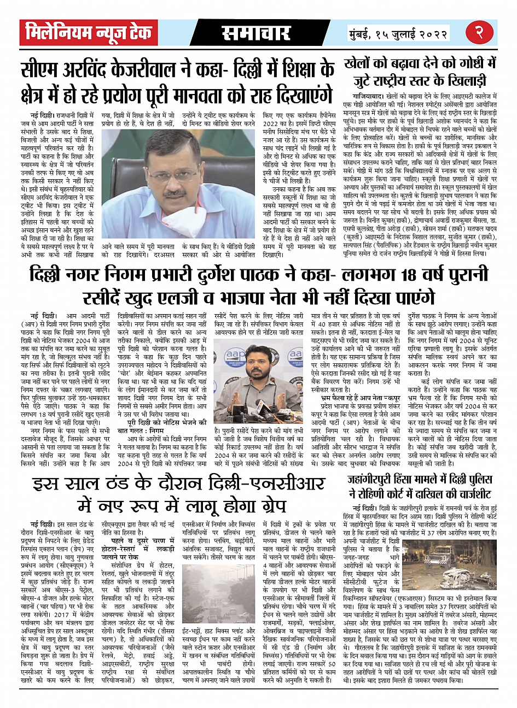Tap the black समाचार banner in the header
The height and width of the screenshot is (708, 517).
(256, 33)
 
